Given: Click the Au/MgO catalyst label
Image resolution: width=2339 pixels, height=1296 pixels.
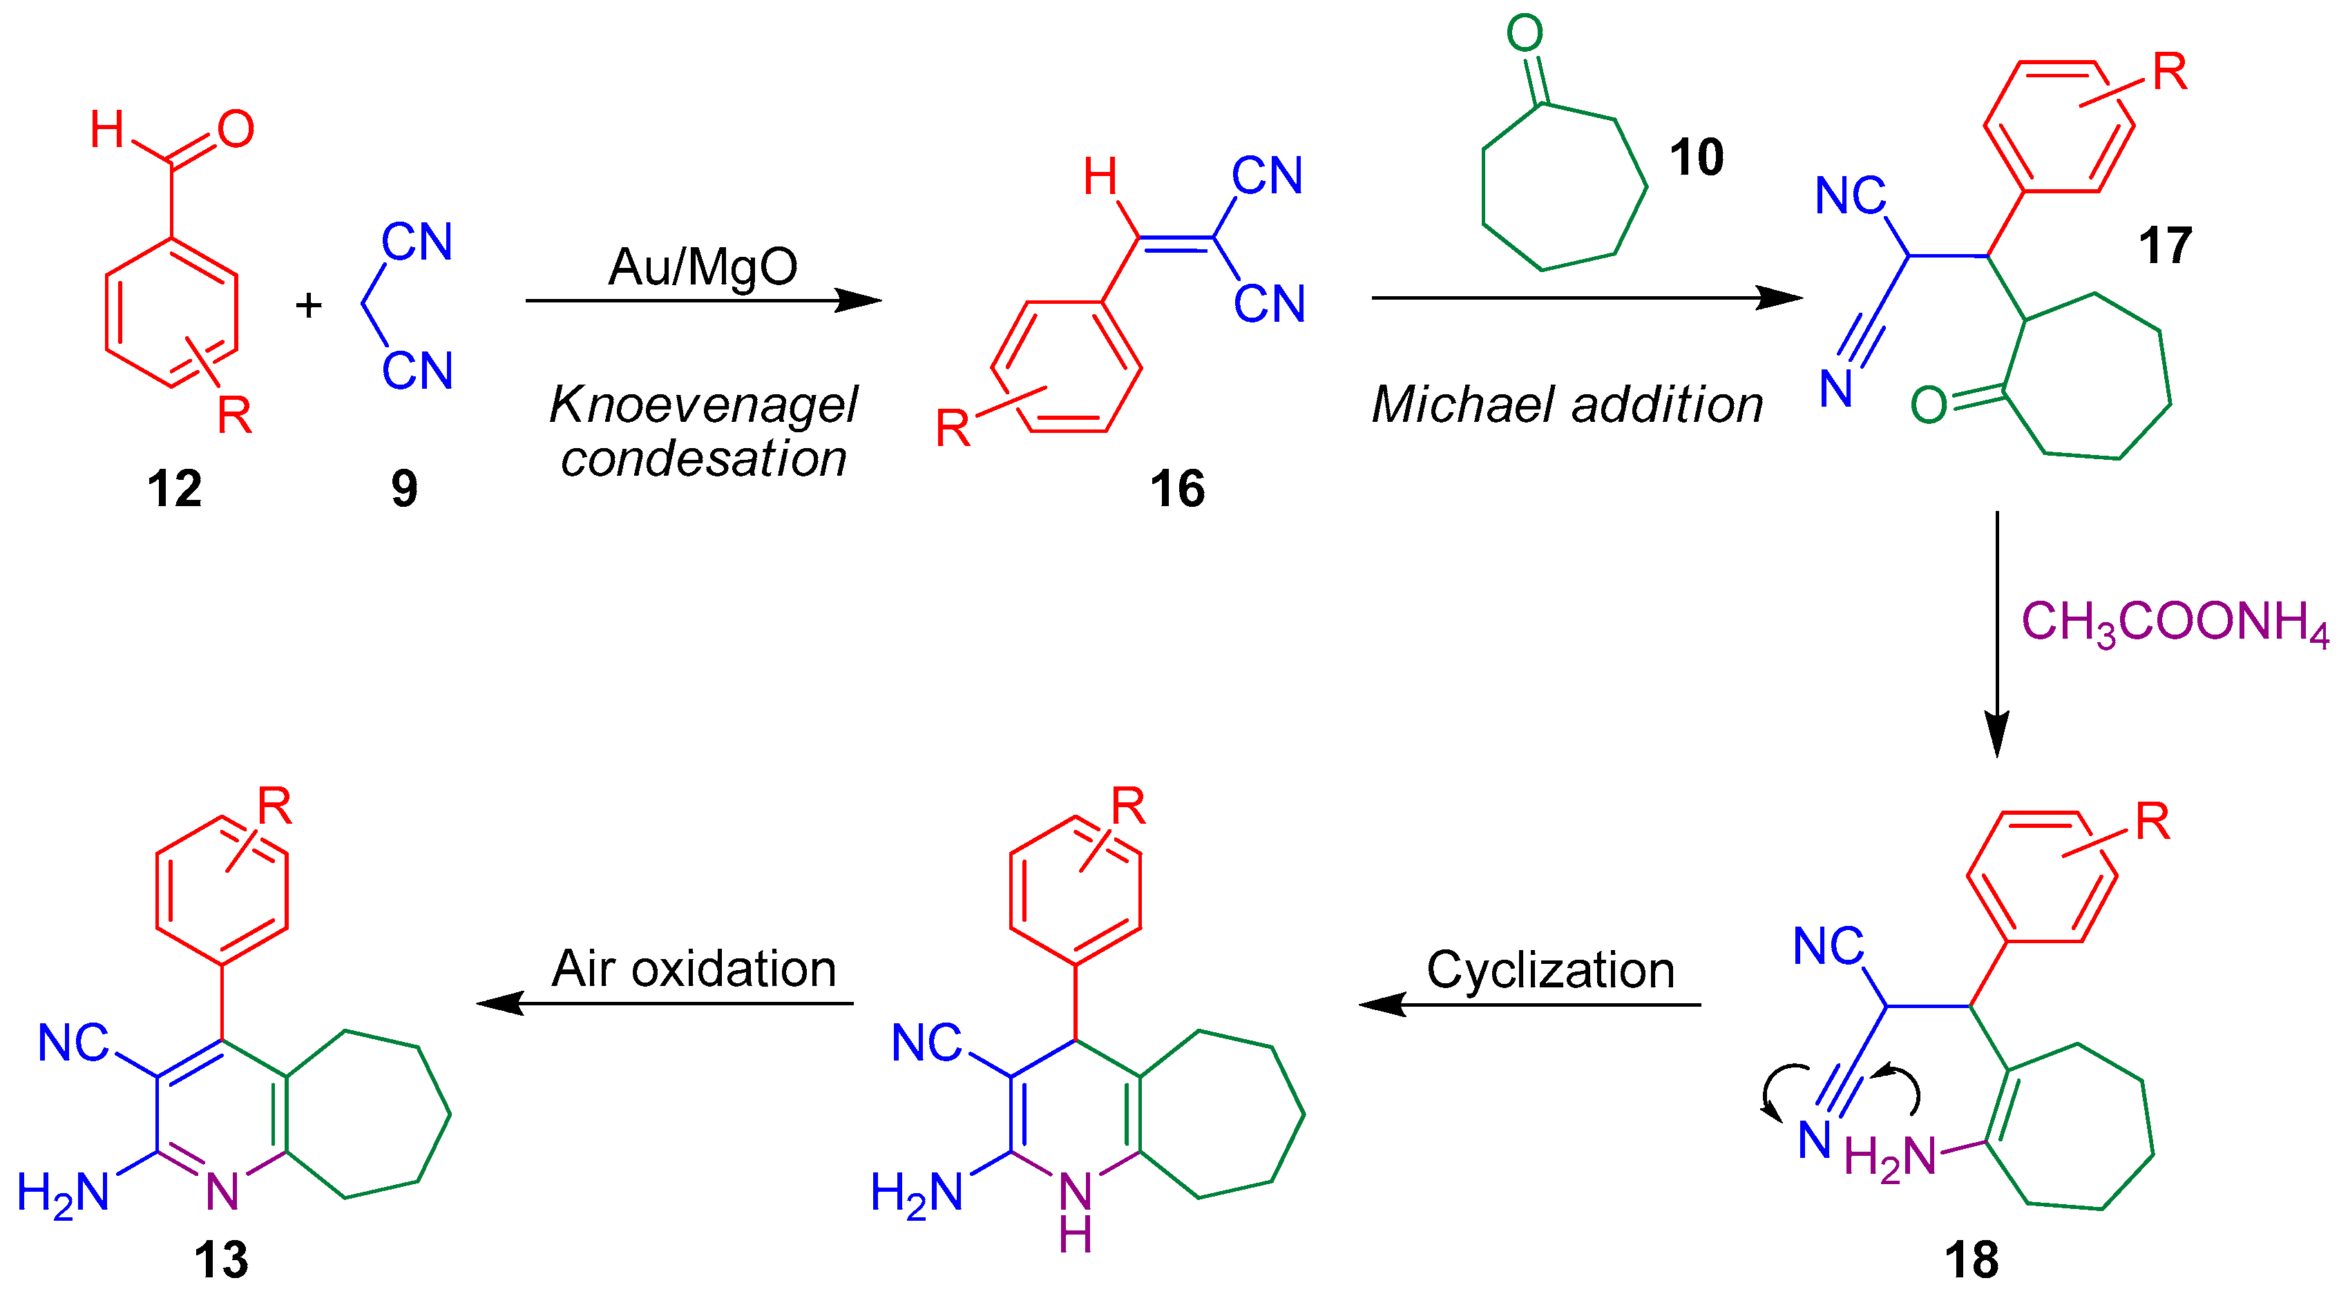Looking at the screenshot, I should click(x=703, y=267).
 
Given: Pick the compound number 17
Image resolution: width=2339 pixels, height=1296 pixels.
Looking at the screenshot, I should click(x=2165, y=245).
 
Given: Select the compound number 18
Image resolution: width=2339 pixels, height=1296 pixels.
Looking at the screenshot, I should click(x=1972, y=1259).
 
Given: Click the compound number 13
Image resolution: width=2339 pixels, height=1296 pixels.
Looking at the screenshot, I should click(x=220, y=1259).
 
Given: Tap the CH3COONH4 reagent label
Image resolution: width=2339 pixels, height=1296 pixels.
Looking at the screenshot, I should click(x=2174, y=623).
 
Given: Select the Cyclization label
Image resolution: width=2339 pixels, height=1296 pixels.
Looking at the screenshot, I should click(x=1550, y=969).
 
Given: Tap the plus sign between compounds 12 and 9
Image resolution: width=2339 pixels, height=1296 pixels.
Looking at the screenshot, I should click(x=309, y=305).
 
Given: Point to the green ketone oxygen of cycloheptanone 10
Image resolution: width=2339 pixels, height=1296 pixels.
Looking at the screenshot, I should click(x=1525, y=34).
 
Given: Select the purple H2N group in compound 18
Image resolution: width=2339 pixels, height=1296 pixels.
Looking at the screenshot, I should click(x=1889, y=1158).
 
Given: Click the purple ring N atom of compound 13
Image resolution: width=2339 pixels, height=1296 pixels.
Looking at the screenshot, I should click(x=222, y=1191).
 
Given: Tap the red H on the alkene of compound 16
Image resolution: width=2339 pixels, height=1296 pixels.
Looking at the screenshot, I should click(x=1100, y=176).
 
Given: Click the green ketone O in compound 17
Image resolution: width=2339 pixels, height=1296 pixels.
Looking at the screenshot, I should click(x=1929, y=405).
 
